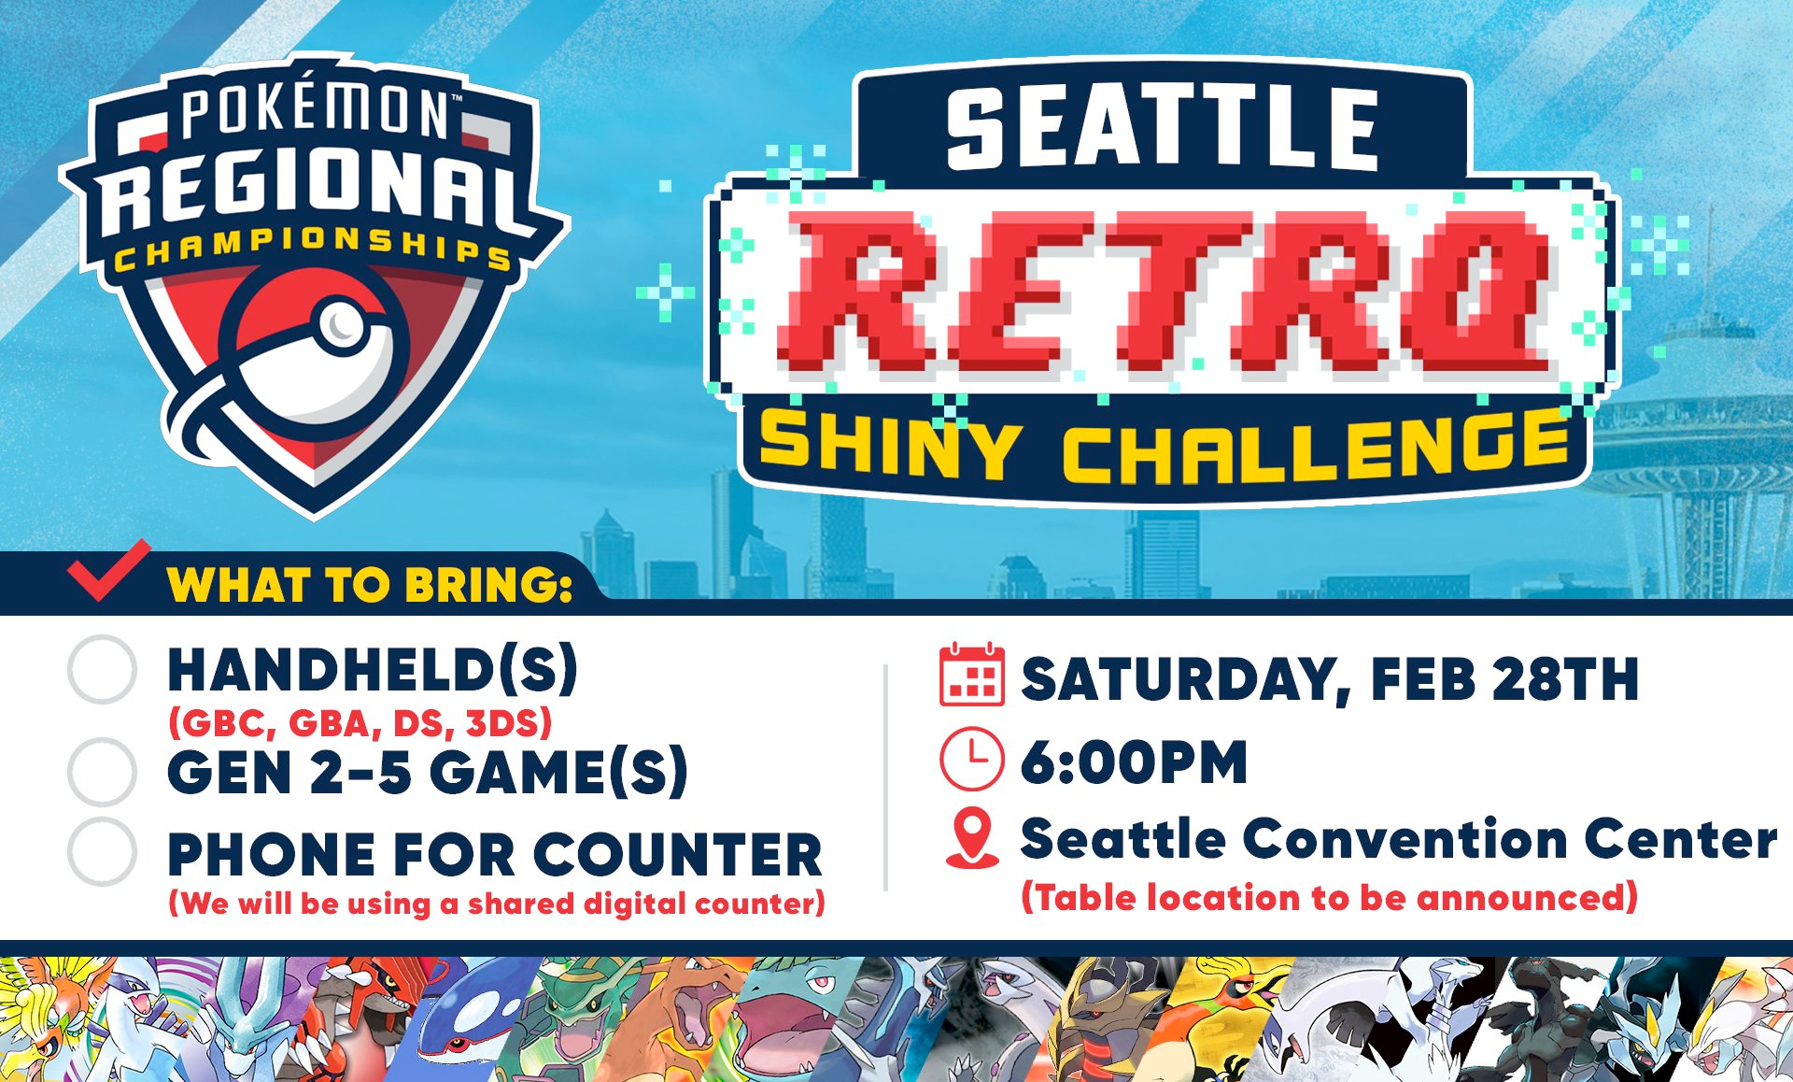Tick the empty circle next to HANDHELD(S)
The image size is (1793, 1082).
pyautogui.click(x=103, y=669)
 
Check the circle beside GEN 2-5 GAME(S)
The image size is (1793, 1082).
pyautogui.click(x=103, y=772)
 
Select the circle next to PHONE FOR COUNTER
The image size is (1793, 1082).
pyautogui.click(x=103, y=852)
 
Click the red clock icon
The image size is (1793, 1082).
pyautogui.click(x=972, y=759)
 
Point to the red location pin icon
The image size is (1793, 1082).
pyautogui.click(x=972, y=838)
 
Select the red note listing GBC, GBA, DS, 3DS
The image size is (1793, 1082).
pyautogui.click(x=360, y=723)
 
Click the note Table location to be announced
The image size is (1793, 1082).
pyautogui.click(x=1330, y=898)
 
